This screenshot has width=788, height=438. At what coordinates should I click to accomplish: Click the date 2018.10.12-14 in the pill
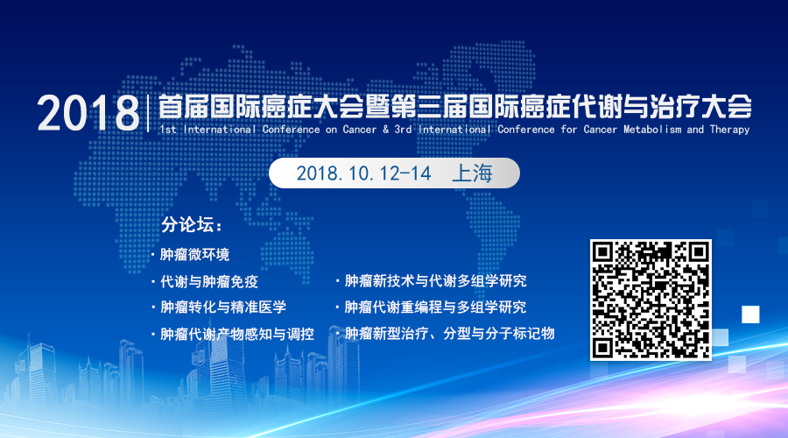(x=363, y=173)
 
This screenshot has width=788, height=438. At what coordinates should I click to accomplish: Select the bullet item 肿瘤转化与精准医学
(x=222, y=307)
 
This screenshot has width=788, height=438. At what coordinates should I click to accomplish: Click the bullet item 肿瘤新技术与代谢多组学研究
(x=435, y=281)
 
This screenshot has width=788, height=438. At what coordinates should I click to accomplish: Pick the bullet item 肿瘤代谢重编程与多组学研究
(x=435, y=307)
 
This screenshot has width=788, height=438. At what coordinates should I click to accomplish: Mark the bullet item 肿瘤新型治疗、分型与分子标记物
(x=449, y=334)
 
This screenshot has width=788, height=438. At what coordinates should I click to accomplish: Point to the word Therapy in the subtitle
(x=729, y=130)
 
